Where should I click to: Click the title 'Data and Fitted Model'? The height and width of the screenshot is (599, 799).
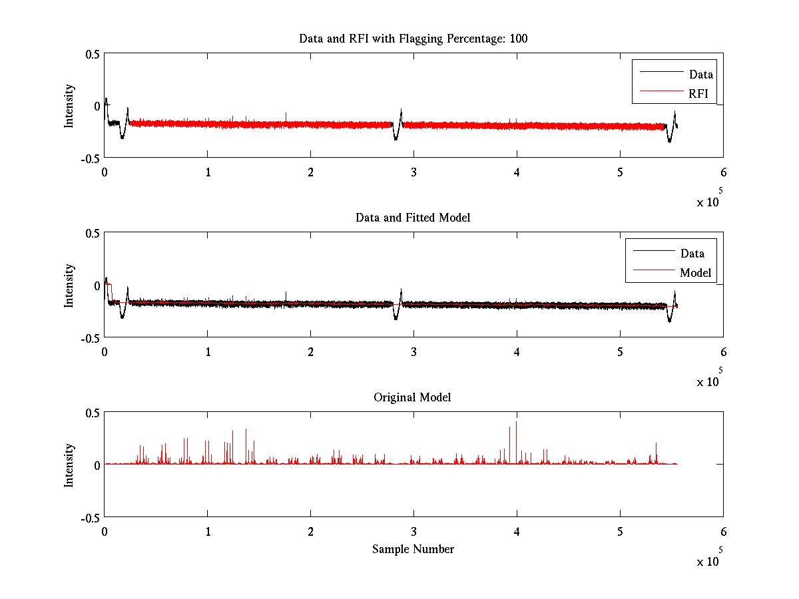click(413, 218)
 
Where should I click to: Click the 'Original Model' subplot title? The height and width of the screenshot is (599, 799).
click(412, 397)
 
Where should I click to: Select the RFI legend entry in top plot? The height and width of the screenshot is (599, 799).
click(698, 93)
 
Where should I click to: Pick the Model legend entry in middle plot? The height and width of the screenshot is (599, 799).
click(695, 272)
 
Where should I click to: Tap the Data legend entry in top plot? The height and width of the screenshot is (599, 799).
click(700, 74)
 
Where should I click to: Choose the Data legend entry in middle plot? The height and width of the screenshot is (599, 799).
click(692, 253)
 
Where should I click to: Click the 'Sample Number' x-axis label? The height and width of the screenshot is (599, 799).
click(413, 549)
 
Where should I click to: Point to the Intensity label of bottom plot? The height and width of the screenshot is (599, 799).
click(69, 465)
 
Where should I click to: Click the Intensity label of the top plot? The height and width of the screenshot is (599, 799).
click(69, 106)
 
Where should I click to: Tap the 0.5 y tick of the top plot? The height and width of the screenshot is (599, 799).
click(92, 54)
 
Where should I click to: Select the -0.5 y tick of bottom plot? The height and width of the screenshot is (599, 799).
click(90, 517)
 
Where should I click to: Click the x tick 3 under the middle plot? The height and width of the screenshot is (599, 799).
click(413, 351)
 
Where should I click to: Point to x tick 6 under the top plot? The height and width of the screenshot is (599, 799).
click(723, 172)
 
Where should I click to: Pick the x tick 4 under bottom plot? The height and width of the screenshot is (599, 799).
click(517, 531)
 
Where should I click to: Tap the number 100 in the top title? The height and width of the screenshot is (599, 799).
click(518, 39)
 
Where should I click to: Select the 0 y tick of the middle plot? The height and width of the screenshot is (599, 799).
click(97, 286)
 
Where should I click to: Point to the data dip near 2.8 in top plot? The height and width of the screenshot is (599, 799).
click(396, 138)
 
